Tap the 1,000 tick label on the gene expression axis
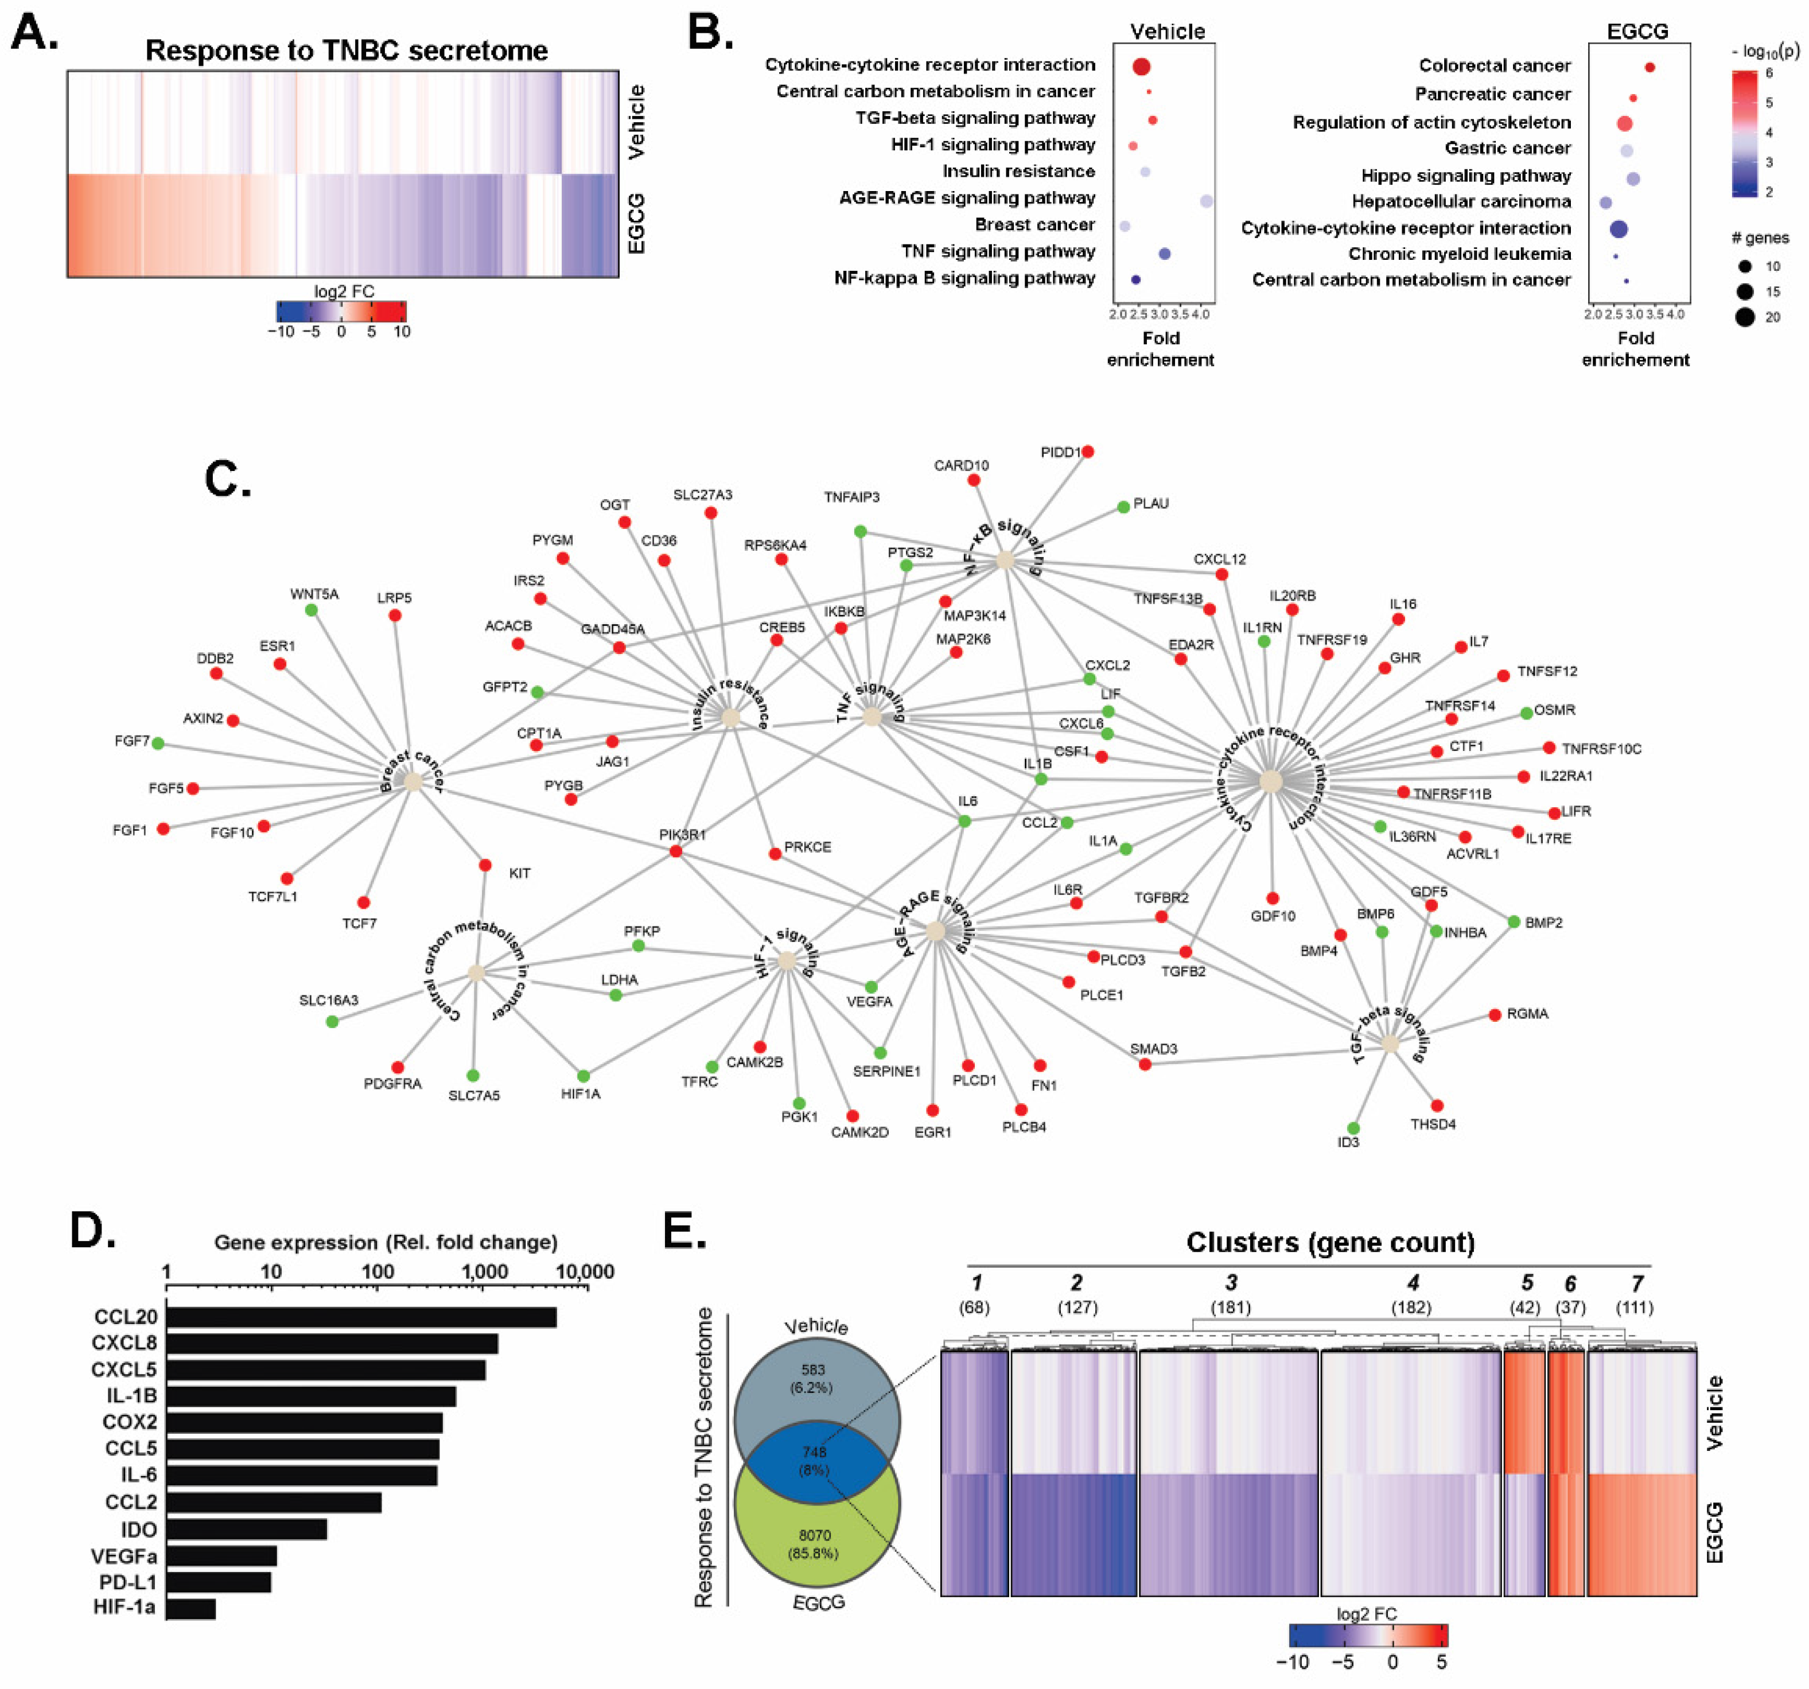[x=485, y=1271]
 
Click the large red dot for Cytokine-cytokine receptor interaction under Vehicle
[x=1141, y=67]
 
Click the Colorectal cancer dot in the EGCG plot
[x=1650, y=67]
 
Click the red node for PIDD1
[x=1087, y=452]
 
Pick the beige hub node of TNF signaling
[x=872, y=717]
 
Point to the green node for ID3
[x=1353, y=1128]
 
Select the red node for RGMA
[x=1495, y=1015]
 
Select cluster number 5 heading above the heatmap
[x=1527, y=1283]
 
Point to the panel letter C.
[x=228, y=478]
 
